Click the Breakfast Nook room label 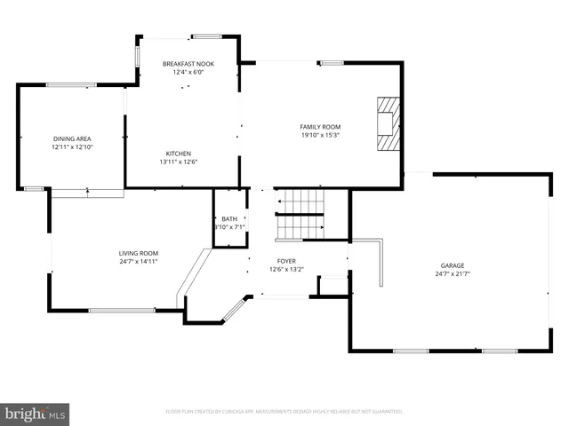point(187,64)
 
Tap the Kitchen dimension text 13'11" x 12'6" point(178,162)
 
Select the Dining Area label point(72,138)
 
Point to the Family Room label point(320,127)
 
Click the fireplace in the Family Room point(387,125)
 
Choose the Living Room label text point(139,253)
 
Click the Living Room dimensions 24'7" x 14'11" point(139,262)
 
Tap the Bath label point(229,218)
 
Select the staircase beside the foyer point(298,215)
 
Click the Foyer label point(286,261)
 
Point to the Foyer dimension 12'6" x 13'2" point(286,270)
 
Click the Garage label point(453,265)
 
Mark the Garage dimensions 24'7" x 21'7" point(453,274)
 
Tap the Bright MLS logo point(35,414)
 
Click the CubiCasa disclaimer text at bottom point(284,412)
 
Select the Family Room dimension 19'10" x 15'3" point(320,136)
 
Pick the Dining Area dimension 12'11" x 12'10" point(72,147)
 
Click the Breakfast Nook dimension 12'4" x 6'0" point(187,73)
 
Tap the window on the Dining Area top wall point(71,85)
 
